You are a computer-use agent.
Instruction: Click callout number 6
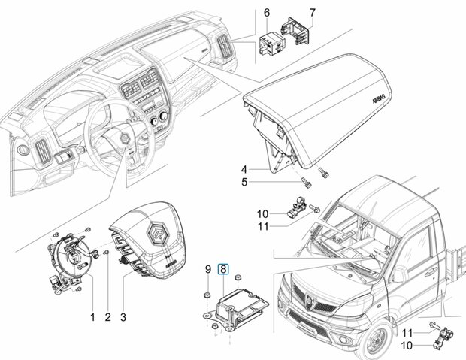267,13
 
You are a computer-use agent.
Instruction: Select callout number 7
312,13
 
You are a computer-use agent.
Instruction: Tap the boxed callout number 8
223,269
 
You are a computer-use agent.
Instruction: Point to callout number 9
208,269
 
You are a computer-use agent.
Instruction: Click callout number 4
244,169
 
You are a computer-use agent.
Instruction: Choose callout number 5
244,182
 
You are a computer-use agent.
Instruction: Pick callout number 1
92,317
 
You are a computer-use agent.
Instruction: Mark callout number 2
107,317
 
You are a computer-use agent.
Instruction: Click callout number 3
123,317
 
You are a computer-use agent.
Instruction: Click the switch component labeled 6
272,44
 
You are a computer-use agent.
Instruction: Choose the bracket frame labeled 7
296,31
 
